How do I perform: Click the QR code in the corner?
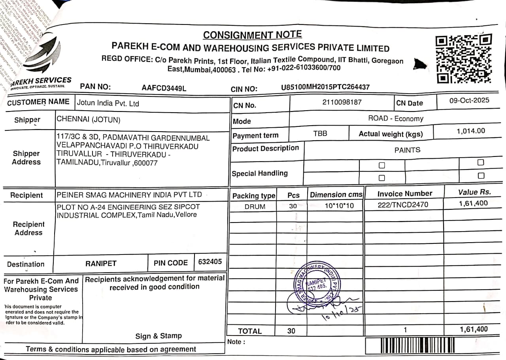coord(463,59)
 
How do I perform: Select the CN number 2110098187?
coord(342,102)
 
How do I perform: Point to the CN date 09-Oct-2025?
coord(469,100)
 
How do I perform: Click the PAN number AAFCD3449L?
coord(164,88)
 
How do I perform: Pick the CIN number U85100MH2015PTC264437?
coord(325,87)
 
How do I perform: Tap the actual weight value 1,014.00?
coord(471,131)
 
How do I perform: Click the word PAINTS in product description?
coord(407,150)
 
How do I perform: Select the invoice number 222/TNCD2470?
coord(403,204)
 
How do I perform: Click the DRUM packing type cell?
coord(255,206)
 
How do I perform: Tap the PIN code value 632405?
coord(210,262)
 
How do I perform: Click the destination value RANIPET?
coord(101,263)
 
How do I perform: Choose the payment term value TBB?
coord(320,134)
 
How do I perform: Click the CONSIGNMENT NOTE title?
coord(252,35)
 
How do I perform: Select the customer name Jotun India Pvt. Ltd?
coord(108,104)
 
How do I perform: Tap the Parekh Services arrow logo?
coord(43,53)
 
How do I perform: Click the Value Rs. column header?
coord(474,192)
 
